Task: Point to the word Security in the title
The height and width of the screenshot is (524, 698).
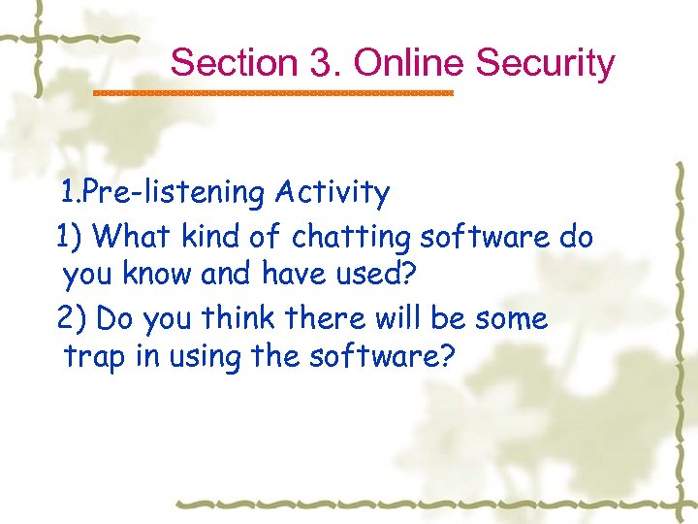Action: click(x=546, y=63)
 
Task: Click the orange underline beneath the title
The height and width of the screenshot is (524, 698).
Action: click(x=272, y=93)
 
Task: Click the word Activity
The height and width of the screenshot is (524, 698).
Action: click(x=332, y=193)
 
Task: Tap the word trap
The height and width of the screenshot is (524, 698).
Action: click(x=96, y=358)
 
